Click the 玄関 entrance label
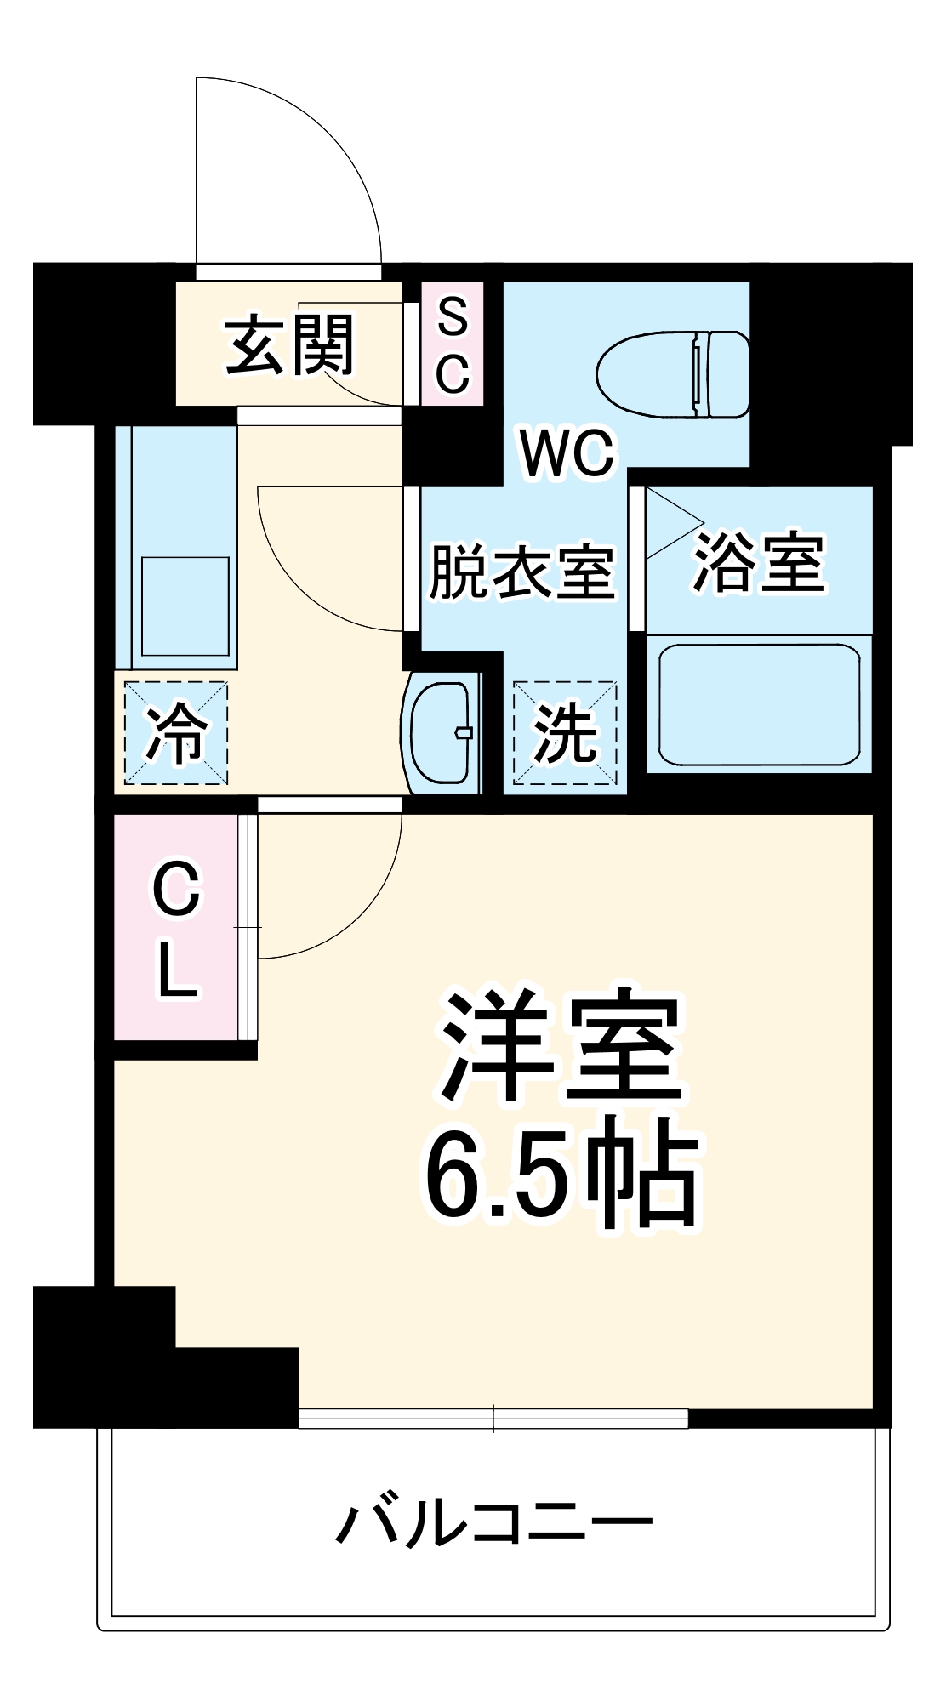pyautogui.click(x=289, y=345)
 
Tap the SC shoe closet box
pyautogui.click(x=453, y=344)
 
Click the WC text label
pyautogui.click(x=567, y=453)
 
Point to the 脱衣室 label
pyautogui.click(x=521, y=572)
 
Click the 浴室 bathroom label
pyautogui.click(x=759, y=562)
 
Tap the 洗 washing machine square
pyautogui.click(x=565, y=732)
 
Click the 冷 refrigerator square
pyautogui.click(x=176, y=732)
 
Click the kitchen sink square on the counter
pyautogui.click(x=185, y=606)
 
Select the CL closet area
pyautogui.click(x=177, y=927)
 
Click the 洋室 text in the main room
pyautogui.click(x=561, y=1047)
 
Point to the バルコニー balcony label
pyautogui.click(x=493, y=1522)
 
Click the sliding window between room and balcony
pyautogui.click(x=493, y=1418)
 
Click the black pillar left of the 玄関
pyautogui.click(x=102, y=344)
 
